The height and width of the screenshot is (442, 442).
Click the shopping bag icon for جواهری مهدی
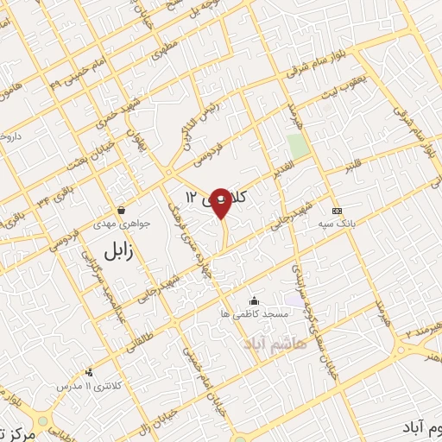click(x=121, y=210)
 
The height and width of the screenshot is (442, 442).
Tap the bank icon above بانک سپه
click(x=337, y=211)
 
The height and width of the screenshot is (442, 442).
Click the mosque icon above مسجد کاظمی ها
click(x=254, y=300)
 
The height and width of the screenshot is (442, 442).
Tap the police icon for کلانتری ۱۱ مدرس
click(x=89, y=373)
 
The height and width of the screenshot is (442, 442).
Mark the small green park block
click(x=298, y=147)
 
